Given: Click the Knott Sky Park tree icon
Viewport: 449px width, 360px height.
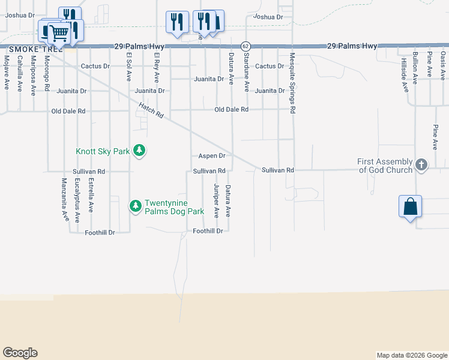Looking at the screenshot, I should tap(139, 150).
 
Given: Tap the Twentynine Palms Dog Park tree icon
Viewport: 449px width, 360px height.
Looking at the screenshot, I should tap(136, 206).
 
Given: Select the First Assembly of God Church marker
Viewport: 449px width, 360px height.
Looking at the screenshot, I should tap(421, 165).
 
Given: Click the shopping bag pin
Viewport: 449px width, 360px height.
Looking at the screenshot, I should tap(411, 207).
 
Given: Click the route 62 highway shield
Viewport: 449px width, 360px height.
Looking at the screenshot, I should tap(246, 46).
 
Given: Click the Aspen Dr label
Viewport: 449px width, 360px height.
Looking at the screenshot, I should tap(212, 156).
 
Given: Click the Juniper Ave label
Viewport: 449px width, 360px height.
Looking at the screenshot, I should tap(215, 200).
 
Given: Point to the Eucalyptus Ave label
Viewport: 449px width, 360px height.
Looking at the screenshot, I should tap(77, 200).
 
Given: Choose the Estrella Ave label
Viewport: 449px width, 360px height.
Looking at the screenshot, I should tap(91, 196).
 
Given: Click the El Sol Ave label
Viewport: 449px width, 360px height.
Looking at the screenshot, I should tap(128, 67).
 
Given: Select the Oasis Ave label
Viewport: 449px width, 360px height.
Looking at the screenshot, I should tap(443, 66).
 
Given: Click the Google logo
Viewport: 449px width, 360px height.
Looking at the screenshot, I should tap(20, 353).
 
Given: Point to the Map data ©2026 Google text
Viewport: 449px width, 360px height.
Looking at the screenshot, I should tap(411, 355).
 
